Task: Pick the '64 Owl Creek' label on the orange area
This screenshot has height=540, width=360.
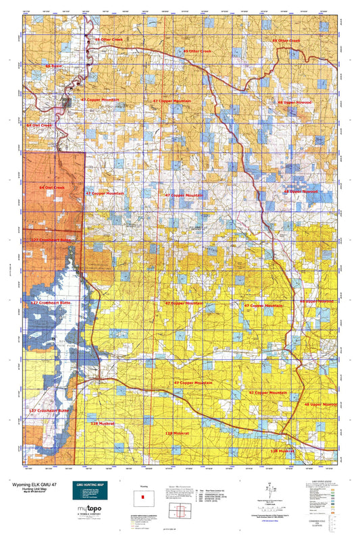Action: pos(51,187)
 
